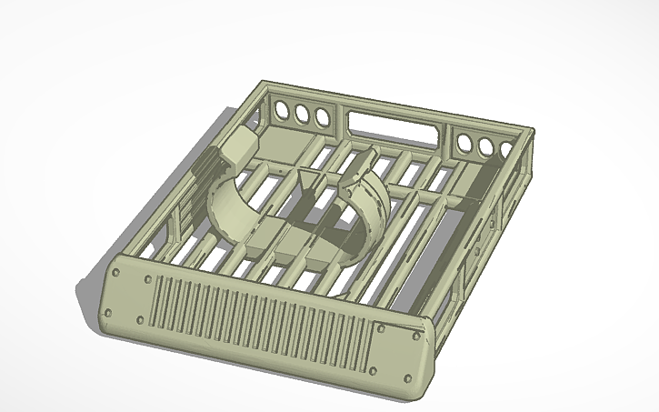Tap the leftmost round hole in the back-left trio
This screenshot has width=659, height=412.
click(x=281, y=110)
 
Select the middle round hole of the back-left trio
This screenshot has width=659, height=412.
click(x=301, y=113)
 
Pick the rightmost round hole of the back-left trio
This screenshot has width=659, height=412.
click(x=321, y=116)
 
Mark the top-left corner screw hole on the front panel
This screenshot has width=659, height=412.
click(x=118, y=268)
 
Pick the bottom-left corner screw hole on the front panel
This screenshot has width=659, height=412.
click(x=107, y=313)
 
